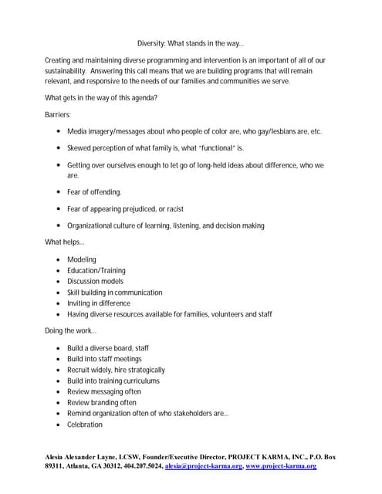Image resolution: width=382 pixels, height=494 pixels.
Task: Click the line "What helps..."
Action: pyautogui.click(x=65, y=243)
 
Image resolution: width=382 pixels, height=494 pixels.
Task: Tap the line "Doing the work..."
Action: pyautogui.click(x=71, y=331)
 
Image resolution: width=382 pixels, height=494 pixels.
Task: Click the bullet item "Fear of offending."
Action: pyautogui.click(x=94, y=192)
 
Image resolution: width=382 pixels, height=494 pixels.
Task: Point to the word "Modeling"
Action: pyautogui.click(x=82, y=260)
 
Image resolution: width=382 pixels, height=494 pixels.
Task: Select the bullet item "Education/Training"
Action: pyautogui.click(x=96, y=271)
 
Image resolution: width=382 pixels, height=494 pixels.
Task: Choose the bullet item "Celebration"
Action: pyautogui.click(x=85, y=425)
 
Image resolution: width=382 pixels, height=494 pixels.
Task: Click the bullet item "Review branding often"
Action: pyautogui.click(x=102, y=403)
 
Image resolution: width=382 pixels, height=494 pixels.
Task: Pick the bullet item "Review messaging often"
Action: pyautogui.click(x=104, y=392)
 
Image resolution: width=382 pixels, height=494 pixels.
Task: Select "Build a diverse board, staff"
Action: pyautogui.click(x=108, y=348)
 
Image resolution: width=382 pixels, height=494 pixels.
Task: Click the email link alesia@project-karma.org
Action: pyautogui.click(x=204, y=467)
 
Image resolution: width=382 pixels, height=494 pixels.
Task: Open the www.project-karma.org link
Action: pyautogui.click(x=281, y=467)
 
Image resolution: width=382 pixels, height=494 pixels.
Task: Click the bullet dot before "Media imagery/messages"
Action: pyautogui.click(x=59, y=132)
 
